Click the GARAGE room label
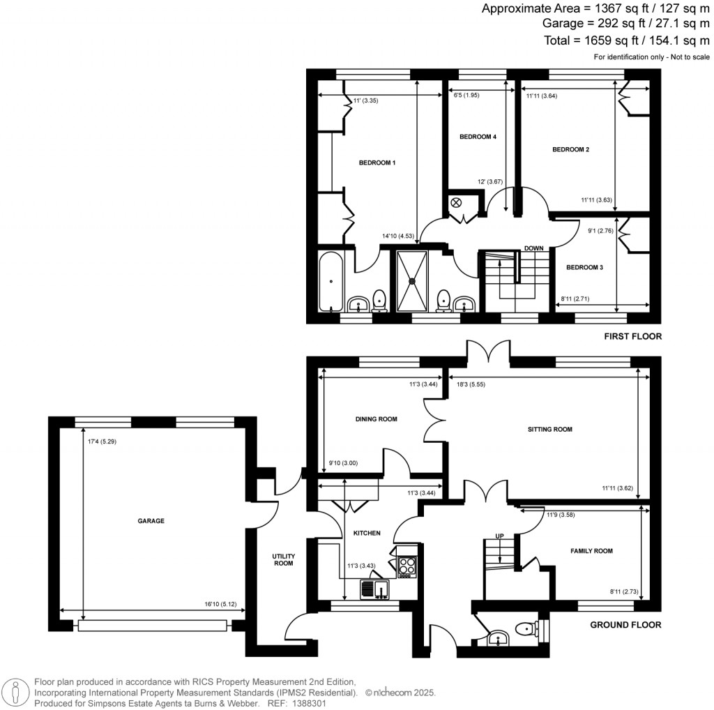tap(151, 520)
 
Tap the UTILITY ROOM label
tap(284, 559)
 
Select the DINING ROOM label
tap(377, 419)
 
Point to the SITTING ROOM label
tap(550, 430)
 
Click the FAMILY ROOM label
tap(591, 551)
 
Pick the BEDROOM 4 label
tap(478, 137)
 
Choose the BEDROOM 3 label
tap(584, 267)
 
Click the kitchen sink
tap(374, 590)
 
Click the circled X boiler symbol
tap(456, 202)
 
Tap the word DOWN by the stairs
tap(534, 248)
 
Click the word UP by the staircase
tap(499, 536)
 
